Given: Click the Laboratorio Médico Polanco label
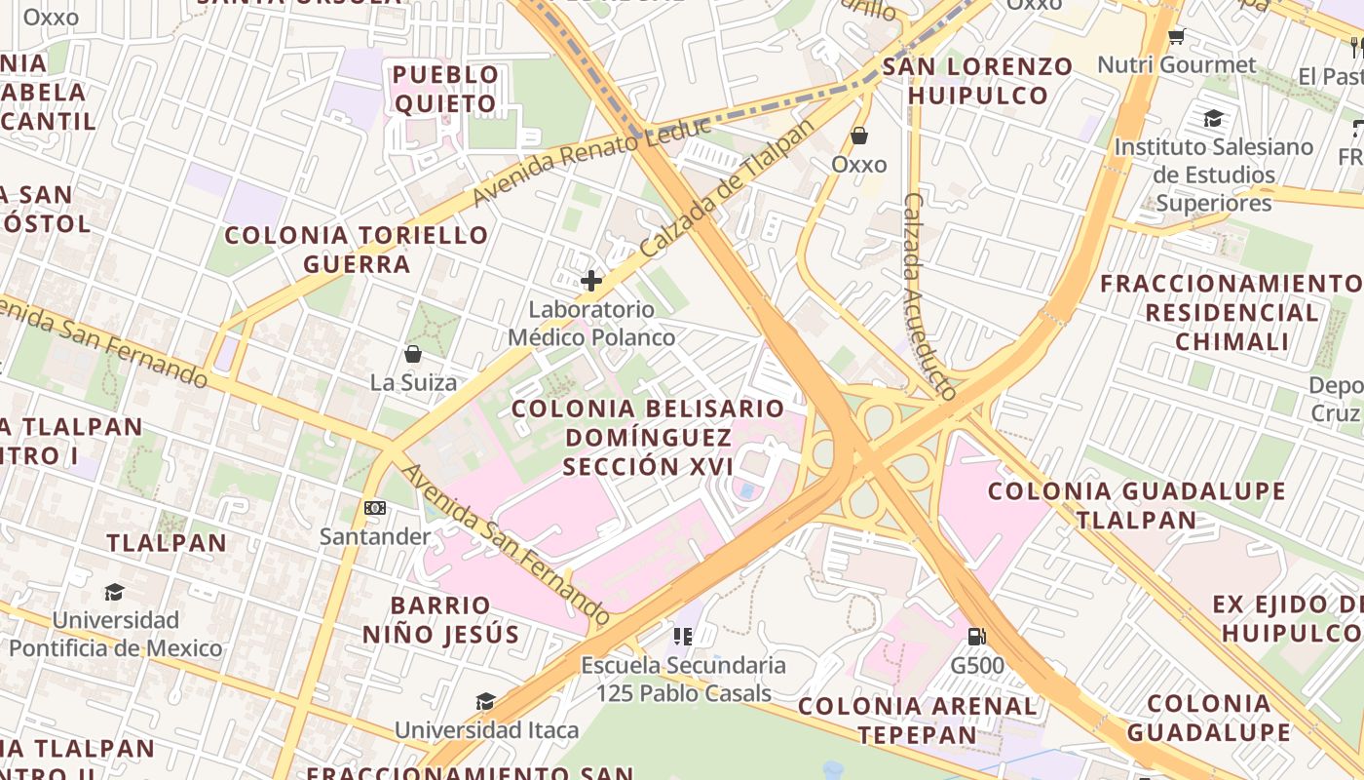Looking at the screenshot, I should [590, 324].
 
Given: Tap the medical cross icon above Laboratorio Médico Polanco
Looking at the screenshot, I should [590, 282].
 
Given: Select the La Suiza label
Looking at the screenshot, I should [413, 382].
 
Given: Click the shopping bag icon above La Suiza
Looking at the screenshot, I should [413, 353].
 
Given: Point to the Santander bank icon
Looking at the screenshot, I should [375, 508].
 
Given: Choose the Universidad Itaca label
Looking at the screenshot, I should [486, 729].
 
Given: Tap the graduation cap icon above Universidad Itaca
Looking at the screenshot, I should [485, 701].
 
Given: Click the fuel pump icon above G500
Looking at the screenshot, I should [976, 638].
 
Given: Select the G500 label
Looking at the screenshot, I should [977, 667].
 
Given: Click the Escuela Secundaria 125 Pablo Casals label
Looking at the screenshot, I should [683, 680].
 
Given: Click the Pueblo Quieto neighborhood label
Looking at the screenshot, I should [446, 89].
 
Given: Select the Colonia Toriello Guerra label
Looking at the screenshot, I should [357, 250].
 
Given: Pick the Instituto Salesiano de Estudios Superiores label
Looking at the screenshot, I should [1213, 175].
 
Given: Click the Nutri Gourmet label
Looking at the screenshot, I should [1176, 65].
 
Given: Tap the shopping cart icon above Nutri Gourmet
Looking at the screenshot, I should [1176, 37].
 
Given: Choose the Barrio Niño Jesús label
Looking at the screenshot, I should [441, 620].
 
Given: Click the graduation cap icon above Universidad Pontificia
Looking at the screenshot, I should [115, 592].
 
